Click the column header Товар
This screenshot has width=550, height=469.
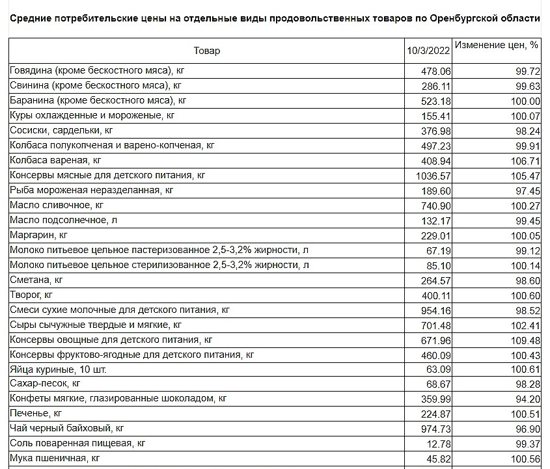pos(207,51)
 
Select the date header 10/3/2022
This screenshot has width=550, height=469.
pos(428,51)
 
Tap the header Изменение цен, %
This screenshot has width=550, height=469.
pos(497,46)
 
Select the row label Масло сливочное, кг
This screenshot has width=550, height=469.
pos(57,205)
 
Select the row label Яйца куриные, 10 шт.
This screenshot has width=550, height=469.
pos(58,369)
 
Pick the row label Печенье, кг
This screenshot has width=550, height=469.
pos(36,413)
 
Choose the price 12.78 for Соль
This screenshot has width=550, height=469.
pos(439,444)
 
